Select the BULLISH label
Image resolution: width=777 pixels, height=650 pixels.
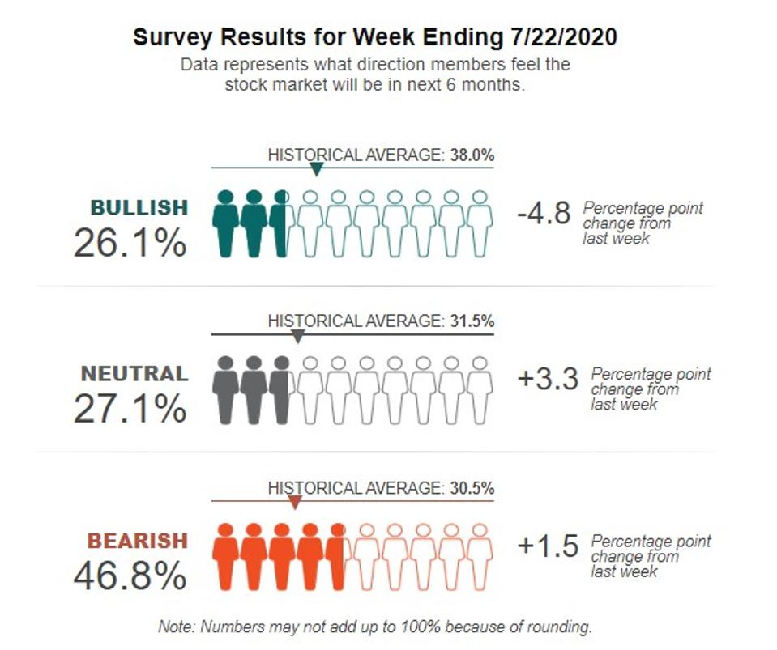click(x=139, y=208)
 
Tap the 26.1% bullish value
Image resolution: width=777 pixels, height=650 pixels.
click(x=130, y=242)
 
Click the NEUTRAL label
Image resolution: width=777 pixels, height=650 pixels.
click(x=134, y=374)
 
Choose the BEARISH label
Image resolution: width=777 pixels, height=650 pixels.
click(x=137, y=541)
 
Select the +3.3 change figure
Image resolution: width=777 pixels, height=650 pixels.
click(x=548, y=380)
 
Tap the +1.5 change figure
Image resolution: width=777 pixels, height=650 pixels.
click(x=548, y=546)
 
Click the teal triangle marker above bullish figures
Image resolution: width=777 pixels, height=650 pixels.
click(x=317, y=169)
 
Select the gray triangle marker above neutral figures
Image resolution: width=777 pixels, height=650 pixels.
click(x=297, y=336)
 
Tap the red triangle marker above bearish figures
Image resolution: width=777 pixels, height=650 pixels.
click(x=295, y=503)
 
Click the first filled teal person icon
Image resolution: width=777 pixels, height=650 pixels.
click(x=226, y=223)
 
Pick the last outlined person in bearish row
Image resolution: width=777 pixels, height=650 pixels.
click(x=480, y=556)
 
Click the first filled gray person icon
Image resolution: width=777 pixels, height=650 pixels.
click(x=226, y=390)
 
